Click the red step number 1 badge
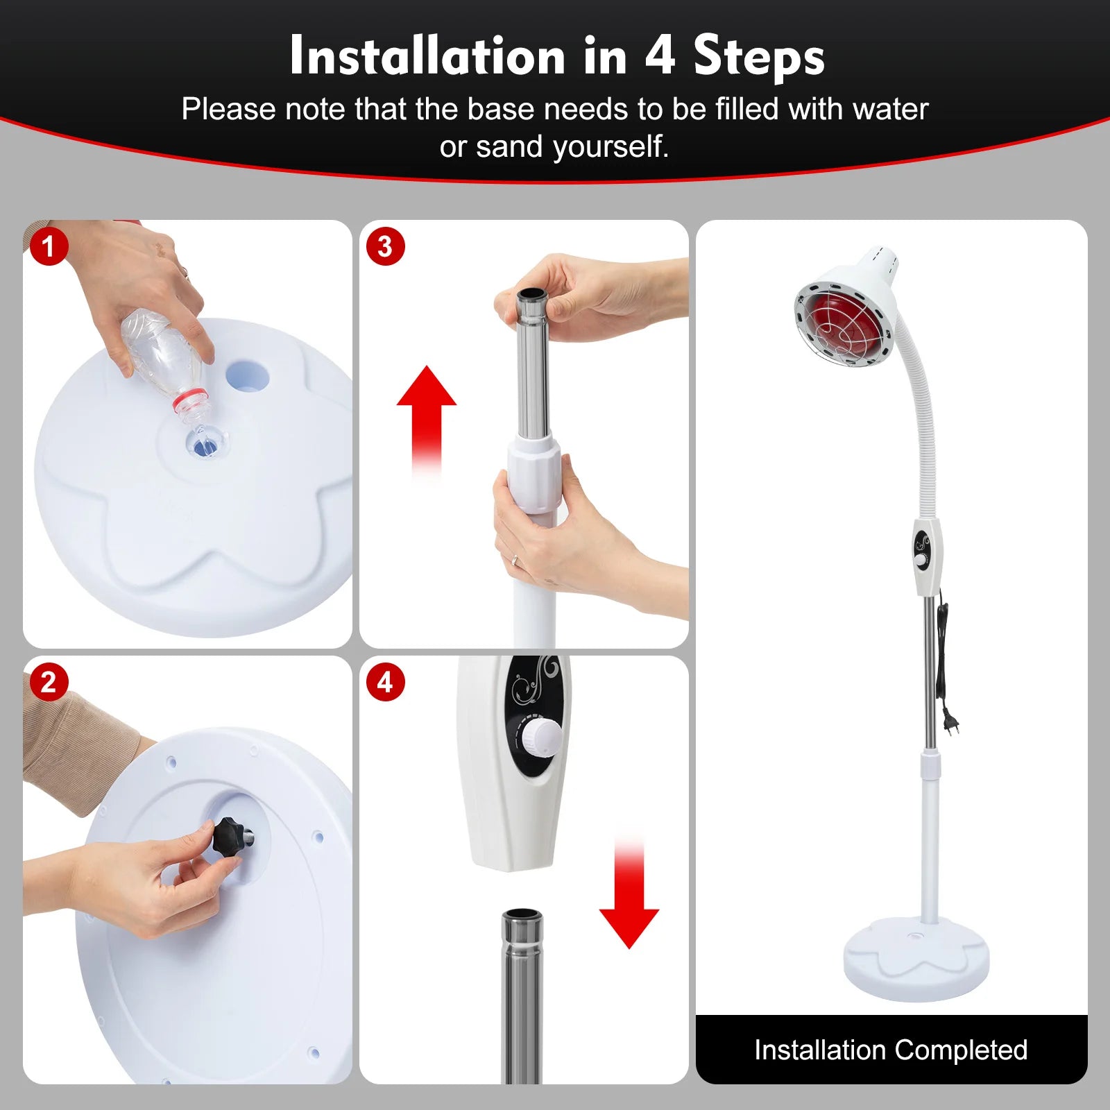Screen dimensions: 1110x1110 (x=48, y=246)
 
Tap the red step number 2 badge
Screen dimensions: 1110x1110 (x=48, y=682)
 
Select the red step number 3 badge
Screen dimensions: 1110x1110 (x=385, y=246)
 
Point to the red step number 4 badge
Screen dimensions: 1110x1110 (x=385, y=682)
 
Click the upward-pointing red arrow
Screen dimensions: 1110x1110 (x=426, y=416)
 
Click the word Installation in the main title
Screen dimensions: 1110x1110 (x=427, y=55)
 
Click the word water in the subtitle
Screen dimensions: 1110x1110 (x=890, y=110)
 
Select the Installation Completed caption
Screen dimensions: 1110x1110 (x=891, y=1050)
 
